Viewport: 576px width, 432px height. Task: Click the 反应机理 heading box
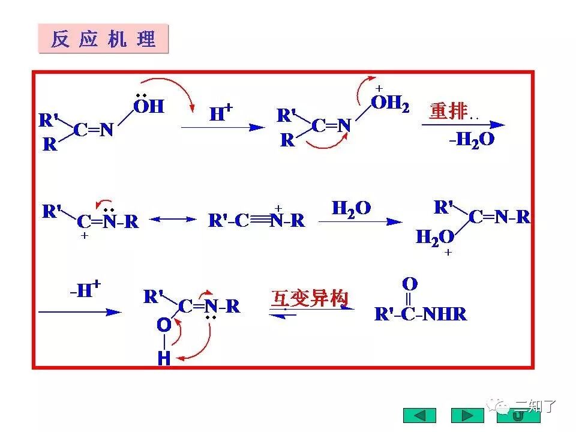(103, 39)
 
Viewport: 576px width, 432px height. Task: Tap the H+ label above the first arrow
(221, 113)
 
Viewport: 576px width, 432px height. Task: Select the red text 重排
(448, 111)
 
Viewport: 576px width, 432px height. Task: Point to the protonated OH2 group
(390, 104)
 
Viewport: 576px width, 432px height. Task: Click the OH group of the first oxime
(148, 107)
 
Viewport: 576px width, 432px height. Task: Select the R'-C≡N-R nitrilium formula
(256, 221)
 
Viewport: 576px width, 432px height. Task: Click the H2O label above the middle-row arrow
(351, 208)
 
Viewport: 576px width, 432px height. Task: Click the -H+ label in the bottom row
(84, 291)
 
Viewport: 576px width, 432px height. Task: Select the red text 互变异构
(310, 298)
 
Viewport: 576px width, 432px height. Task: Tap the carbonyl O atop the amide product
(410, 284)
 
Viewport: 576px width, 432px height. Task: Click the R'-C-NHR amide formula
(420, 314)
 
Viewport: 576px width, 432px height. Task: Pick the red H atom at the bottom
(164, 359)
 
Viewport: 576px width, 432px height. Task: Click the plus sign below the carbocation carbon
(85, 236)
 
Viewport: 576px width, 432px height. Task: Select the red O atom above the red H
(164, 326)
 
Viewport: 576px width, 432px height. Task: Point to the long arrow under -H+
(79, 312)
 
